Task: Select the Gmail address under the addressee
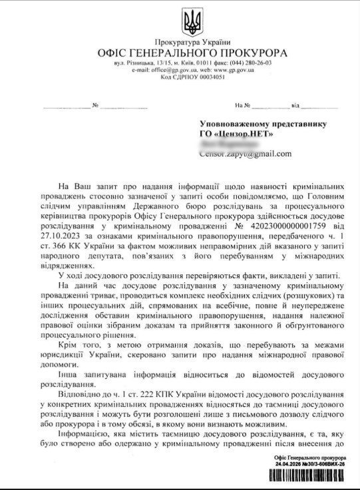pyautogui.click(x=245, y=154)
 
